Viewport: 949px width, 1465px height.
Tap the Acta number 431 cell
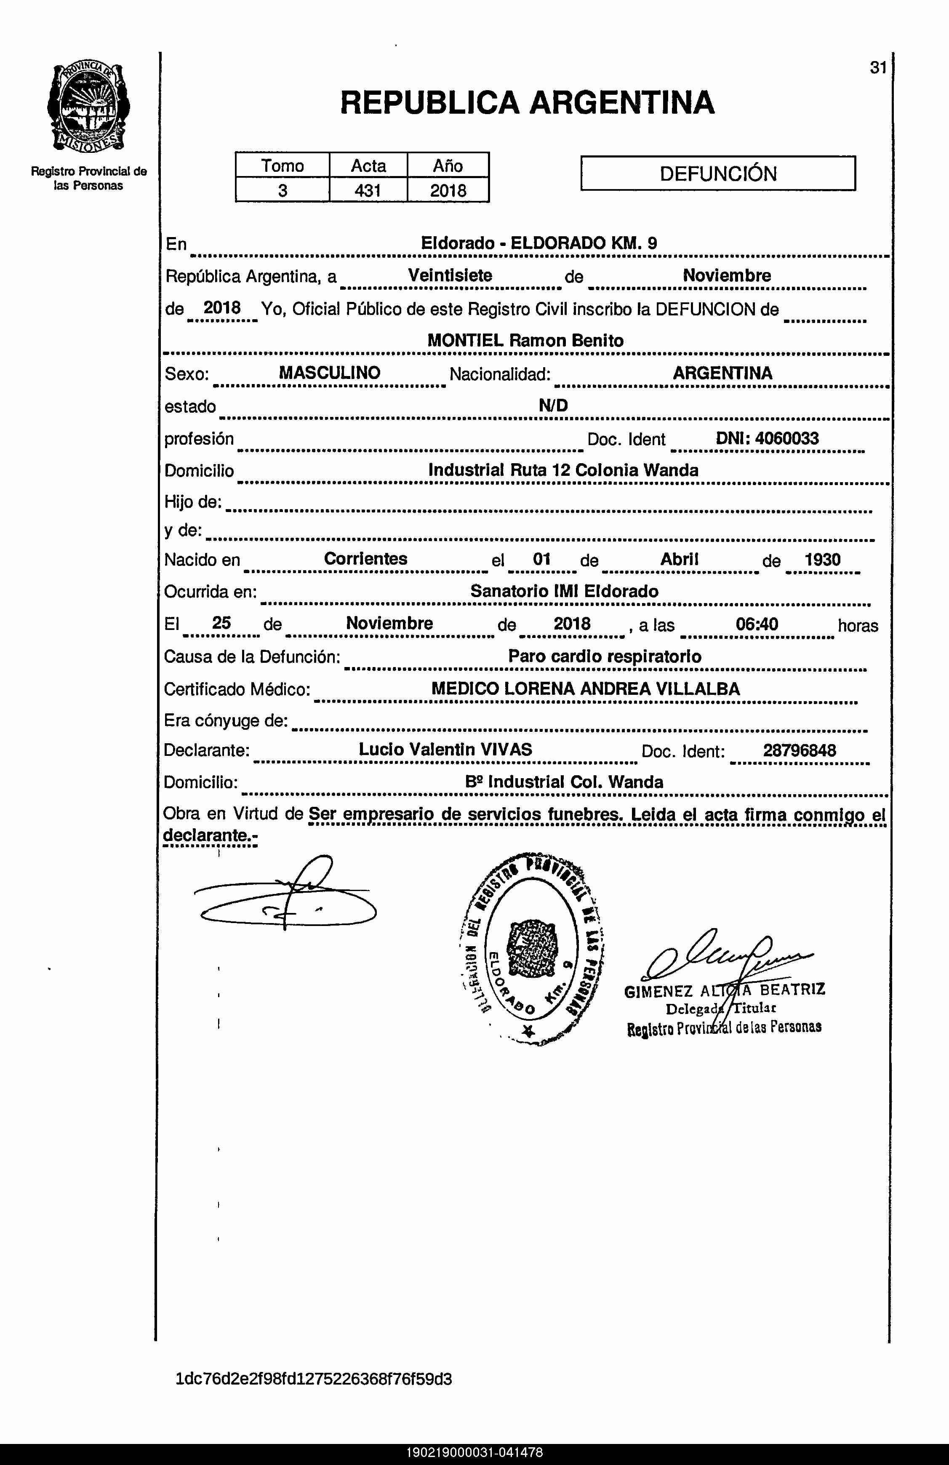368,190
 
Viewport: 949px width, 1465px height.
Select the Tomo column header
283,165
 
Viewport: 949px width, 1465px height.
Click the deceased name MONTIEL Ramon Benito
525,340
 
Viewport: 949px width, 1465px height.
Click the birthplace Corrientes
365,558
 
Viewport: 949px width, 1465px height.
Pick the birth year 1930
822,560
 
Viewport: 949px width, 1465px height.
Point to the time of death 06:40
757,624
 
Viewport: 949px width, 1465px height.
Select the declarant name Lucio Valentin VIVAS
445,749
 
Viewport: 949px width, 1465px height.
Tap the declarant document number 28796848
800,750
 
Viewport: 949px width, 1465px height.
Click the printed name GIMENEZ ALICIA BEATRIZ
724,990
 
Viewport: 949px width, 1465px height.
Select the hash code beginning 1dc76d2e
314,1379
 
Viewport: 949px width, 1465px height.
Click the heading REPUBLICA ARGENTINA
528,103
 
